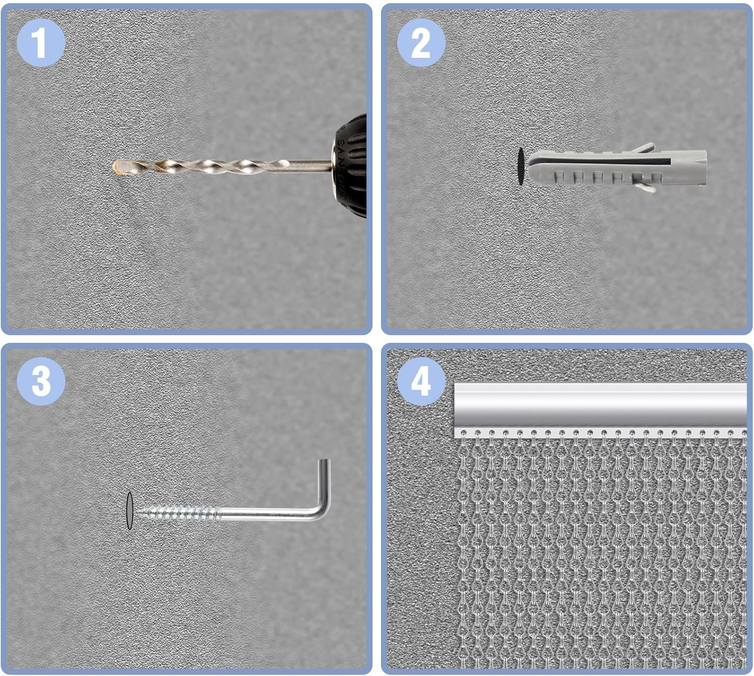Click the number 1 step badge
point(41,43)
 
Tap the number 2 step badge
point(421,43)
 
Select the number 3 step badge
point(41,381)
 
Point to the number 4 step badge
point(421,381)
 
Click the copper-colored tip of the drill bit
point(118,167)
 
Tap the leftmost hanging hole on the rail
point(463,433)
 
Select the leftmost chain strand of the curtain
point(464,551)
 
